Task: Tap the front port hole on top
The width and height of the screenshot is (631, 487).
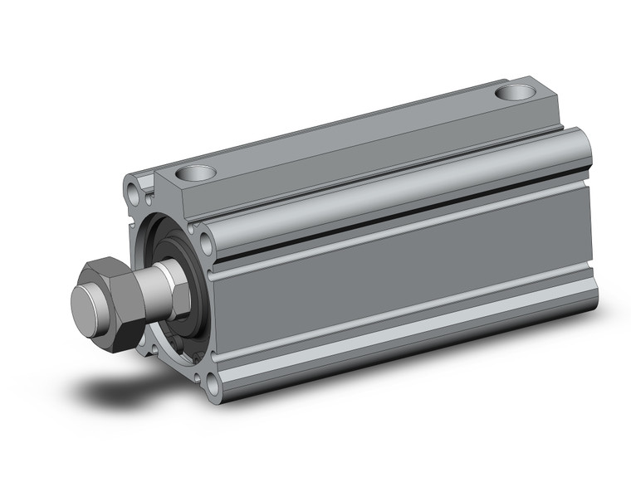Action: tap(197, 173)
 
